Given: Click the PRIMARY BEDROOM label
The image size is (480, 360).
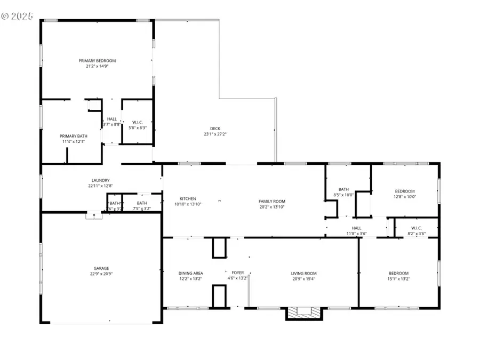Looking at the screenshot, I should (x=97, y=61).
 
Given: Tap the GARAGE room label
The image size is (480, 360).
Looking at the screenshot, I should (x=101, y=268).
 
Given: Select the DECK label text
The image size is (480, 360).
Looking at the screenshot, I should (x=215, y=128).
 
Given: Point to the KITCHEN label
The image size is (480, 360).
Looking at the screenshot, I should (x=187, y=198).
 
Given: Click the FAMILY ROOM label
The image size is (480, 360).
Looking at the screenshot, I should (x=272, y=201).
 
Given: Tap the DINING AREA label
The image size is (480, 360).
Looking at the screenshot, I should (x=190, y=273).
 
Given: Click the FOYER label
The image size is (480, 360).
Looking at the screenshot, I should (x=237, y=273).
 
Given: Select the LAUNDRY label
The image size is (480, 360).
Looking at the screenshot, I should (x=100, y=180).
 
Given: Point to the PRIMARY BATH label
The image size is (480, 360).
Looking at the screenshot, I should (x=73, y=136).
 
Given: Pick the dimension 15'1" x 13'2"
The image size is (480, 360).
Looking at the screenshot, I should (x=398, y=278).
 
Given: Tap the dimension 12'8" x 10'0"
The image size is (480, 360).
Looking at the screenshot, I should (x=404, y=197).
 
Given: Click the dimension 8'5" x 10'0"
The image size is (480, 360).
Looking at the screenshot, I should (x=343, y=195).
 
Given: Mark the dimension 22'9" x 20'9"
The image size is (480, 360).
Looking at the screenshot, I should (x=101, y=274).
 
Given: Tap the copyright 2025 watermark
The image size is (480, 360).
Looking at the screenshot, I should (x=17, y=17).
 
